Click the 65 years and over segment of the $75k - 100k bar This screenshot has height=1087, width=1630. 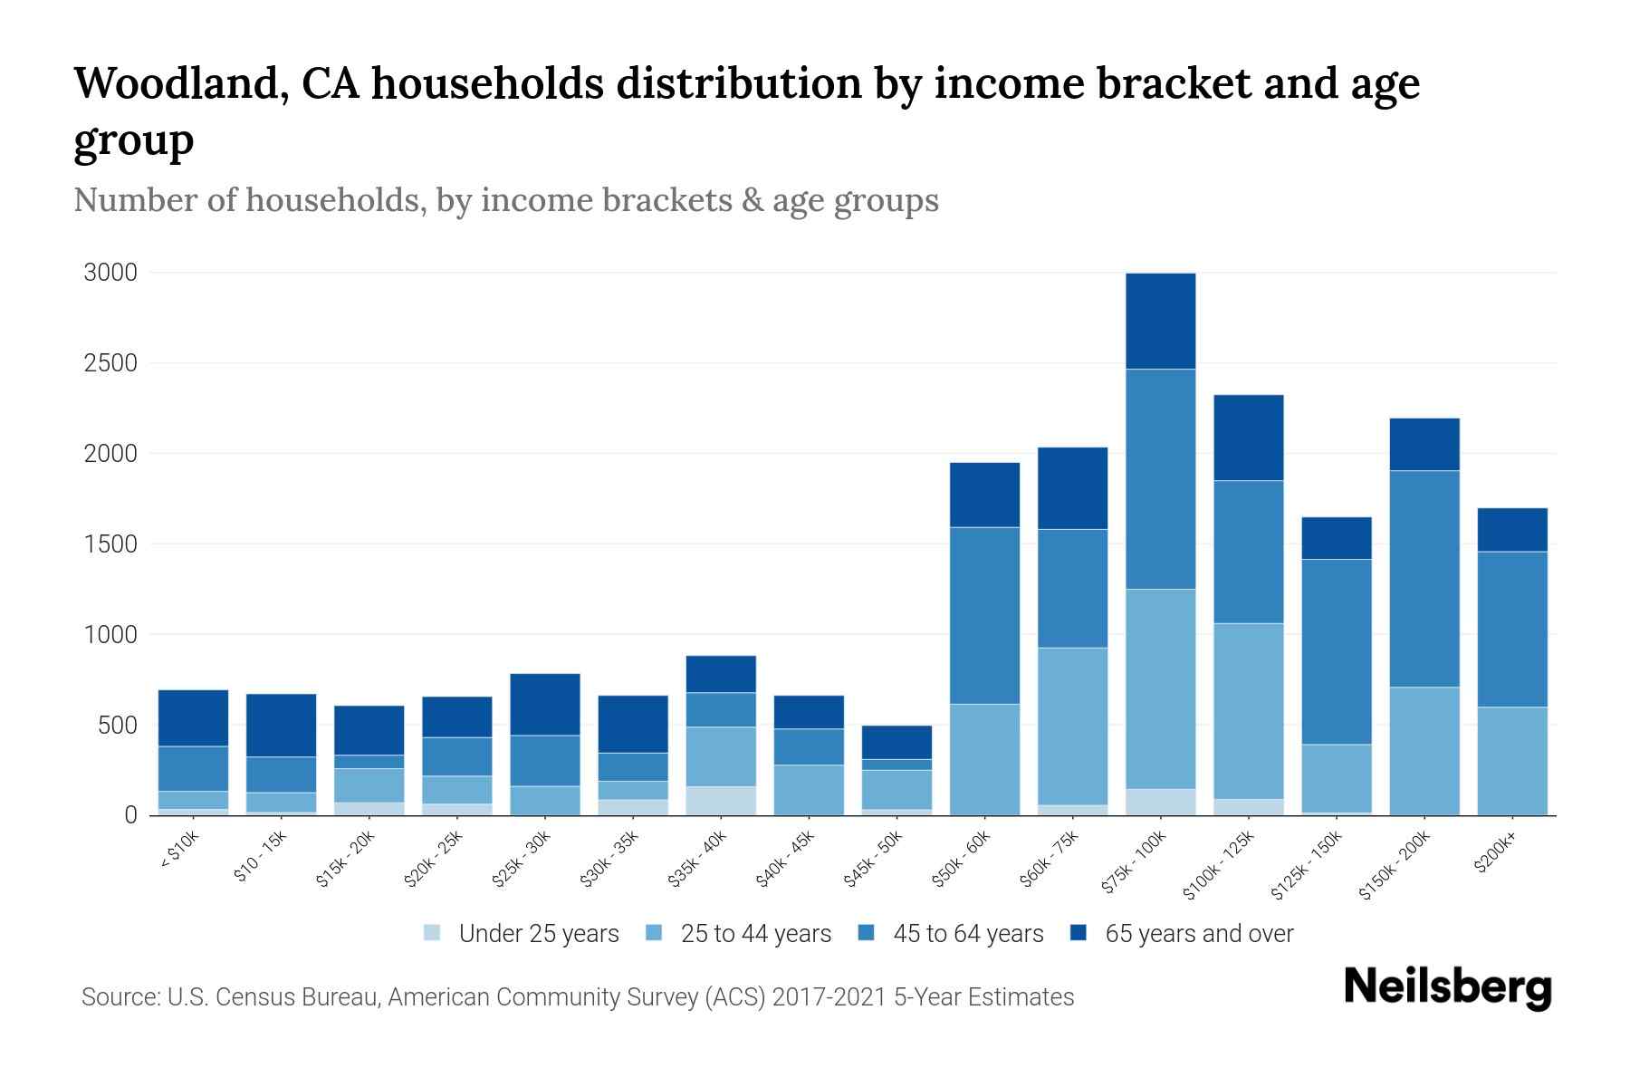pos(1160,321)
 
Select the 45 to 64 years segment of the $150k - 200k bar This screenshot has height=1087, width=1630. pos(1424,579)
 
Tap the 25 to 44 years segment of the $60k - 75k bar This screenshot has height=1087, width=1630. pos(1072,726)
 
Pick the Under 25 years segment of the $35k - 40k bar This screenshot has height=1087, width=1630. pos(721,800)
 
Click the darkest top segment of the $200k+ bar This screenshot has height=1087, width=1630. pos(1511,530)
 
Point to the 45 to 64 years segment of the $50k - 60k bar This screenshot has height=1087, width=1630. pos(984,615)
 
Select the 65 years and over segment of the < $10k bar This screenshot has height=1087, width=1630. pos(193,717)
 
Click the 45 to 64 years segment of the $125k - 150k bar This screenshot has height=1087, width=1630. pos(1336,651)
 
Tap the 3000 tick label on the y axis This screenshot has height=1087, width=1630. pos(110,273)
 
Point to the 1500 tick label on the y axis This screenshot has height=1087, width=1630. pos(110,544)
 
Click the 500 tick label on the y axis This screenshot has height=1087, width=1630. pos(117,726)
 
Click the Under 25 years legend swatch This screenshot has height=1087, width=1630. pos(433,933)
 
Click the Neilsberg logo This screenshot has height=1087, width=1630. pos(1447,987)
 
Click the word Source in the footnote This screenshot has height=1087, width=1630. pos(118,997)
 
